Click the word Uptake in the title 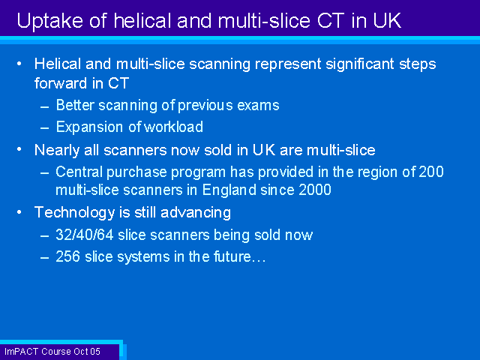[50, 21]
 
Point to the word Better [75, 105]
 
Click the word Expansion [90, 127]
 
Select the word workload [173, 127]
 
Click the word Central [79, 172]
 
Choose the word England [229, 190]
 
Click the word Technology [74, 213]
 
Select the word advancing [196, 213]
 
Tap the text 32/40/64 [85, 235]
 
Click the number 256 [68, 256]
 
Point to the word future [232, 256]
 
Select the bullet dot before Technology [19, 211]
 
